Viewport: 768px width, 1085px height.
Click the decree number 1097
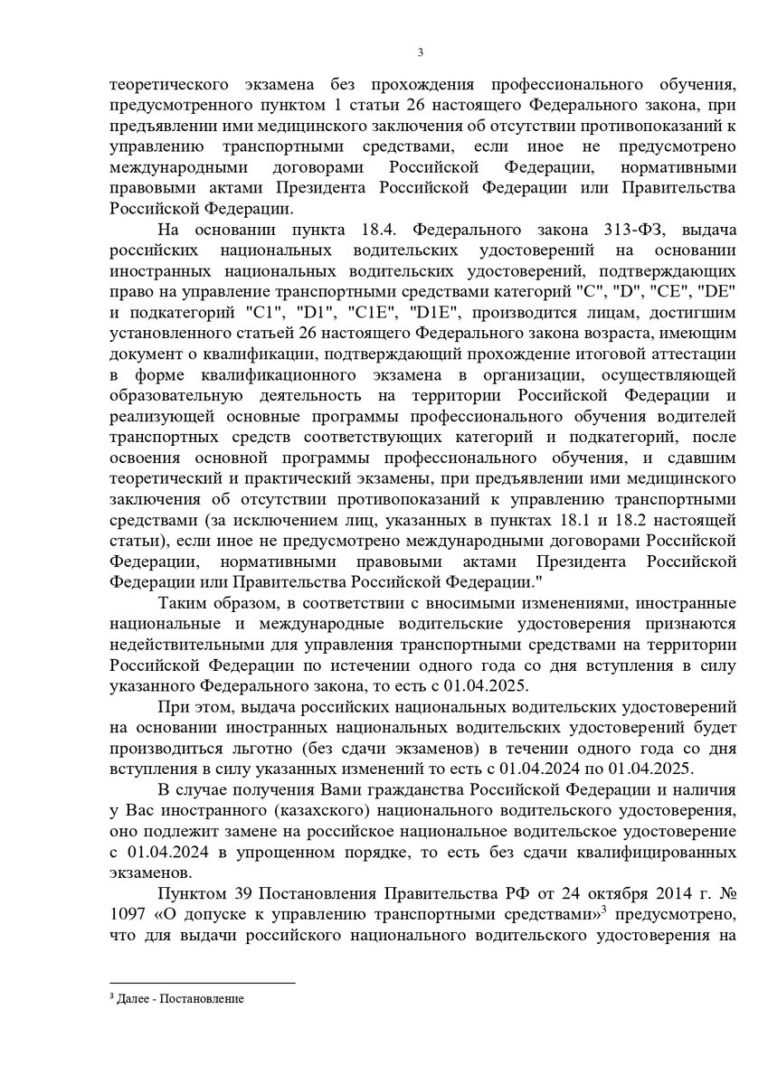[x=128, y=913]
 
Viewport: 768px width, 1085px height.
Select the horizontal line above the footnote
[x=202, y=983]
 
